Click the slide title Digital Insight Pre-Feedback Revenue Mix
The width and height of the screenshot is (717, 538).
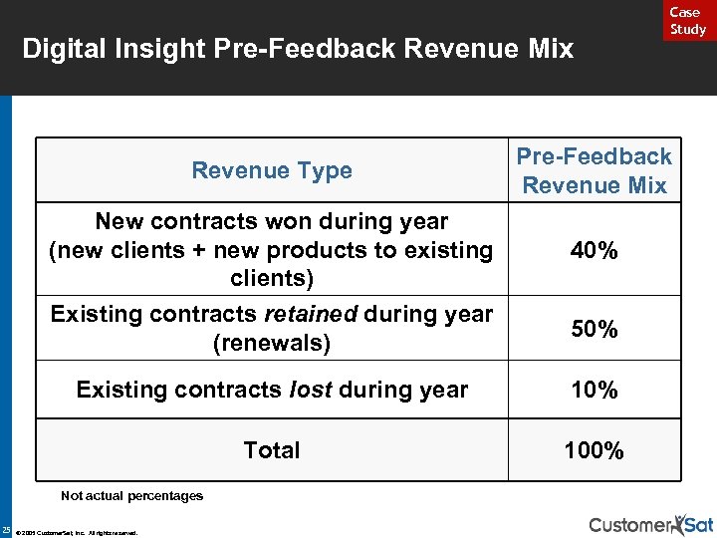click(298, 48)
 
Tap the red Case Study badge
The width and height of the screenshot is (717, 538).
click(687, 21)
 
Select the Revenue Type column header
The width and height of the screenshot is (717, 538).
click(272, 170)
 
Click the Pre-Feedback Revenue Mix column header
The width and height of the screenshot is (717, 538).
click(595, 170)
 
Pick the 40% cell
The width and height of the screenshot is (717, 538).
click(595, 250)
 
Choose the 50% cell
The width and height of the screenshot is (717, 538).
click(595, 329)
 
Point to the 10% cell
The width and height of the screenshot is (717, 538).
click(595, 390)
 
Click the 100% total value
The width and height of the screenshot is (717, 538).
click(595, 451)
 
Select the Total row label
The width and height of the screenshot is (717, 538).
click(272, 451)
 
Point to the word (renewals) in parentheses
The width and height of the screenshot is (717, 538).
click(272, 344)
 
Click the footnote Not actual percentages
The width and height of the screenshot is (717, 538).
click(131, 495)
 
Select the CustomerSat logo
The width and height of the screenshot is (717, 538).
click(650, 524)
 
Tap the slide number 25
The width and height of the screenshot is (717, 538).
click(7, 528)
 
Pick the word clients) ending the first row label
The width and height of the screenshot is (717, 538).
click(272, 279)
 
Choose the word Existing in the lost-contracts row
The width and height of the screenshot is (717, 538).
click(119, 390)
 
